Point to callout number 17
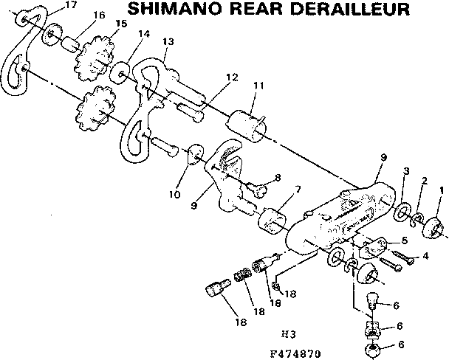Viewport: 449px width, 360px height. pos(71,5)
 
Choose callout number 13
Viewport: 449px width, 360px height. pos(168,42)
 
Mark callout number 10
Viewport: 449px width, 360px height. pos(174,195)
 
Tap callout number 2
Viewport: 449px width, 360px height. pos(424,181)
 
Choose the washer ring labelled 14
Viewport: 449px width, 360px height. pos(118,72)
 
